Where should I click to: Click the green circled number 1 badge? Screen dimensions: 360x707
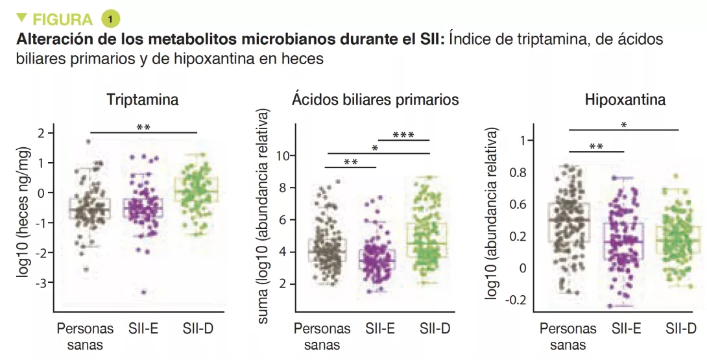[111, 18]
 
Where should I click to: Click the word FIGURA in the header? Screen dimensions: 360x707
[62, 19]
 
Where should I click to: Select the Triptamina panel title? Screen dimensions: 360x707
[143, 101]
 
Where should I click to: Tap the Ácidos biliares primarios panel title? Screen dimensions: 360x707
[375, 100]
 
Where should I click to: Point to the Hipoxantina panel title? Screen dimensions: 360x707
[625, 101]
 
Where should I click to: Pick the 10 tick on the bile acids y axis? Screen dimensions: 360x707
[282, 156]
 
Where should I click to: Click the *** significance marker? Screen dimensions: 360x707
[403, 135]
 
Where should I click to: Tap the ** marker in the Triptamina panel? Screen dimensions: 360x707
[143, 127]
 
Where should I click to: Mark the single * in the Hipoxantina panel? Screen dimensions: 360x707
[623, 125]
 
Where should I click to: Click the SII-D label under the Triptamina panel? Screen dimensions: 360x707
[197, 329]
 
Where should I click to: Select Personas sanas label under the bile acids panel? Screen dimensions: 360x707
[322, 336]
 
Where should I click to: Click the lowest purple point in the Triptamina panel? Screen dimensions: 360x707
[144, 293]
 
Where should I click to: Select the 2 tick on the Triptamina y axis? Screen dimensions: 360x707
[42, 133]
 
